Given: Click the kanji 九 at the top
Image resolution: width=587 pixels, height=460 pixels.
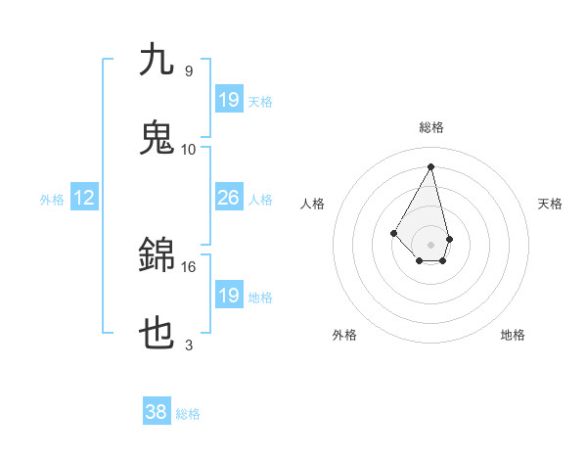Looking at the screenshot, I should coord(157,60).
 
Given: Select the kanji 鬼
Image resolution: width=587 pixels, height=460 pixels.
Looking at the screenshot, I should coord(157,137).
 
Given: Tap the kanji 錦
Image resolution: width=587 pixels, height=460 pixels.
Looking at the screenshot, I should coord(157,254).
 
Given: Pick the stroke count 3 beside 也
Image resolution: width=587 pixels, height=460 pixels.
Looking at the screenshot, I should coord(189,345).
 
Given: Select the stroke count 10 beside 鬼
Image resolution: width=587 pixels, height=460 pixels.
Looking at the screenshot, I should coord(189,149).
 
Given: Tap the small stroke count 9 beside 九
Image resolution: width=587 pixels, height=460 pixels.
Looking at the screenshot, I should coord(189,70).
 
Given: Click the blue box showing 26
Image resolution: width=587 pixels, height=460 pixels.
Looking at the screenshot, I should coord(228,198).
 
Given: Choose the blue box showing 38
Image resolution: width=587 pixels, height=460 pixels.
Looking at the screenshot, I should coord(157,412).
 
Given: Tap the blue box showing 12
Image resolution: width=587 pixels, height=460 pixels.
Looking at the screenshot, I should coord(84,198).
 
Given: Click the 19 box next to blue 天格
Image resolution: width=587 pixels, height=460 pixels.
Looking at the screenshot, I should coord(228,99).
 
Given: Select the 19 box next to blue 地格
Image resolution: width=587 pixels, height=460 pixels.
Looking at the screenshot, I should coord(228,295).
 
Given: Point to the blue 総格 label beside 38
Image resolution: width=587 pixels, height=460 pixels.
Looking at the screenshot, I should coord(188,414).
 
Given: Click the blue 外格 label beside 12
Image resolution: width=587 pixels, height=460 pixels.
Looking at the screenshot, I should coord(52,200).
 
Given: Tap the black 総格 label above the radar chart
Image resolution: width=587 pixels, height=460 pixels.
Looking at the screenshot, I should coord(431,127).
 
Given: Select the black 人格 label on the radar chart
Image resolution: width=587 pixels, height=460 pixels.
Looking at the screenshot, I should coord(312,204).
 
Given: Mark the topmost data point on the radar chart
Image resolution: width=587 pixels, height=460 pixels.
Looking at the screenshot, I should coord(431,166).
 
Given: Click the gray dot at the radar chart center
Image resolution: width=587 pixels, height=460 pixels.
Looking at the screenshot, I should coord(431,244).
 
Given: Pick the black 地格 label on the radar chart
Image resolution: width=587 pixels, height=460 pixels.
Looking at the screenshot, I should coord(513,335).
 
